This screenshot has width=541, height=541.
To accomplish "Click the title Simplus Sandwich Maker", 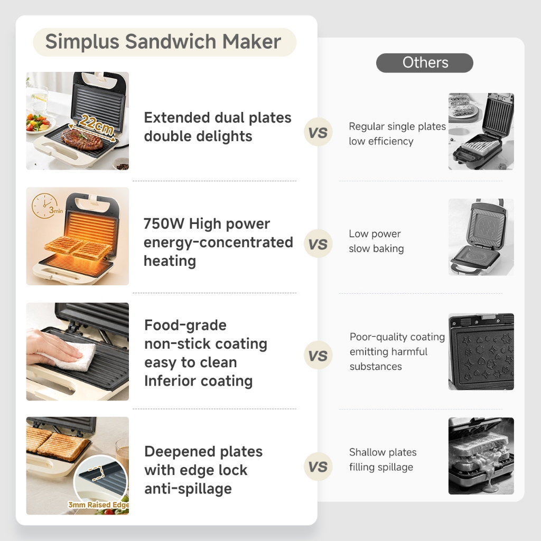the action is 163,42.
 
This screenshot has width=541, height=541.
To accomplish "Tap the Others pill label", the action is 425,63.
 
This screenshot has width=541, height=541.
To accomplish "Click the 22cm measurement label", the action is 96,125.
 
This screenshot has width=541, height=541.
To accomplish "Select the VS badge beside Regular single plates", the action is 318,132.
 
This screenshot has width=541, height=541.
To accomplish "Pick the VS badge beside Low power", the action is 318,244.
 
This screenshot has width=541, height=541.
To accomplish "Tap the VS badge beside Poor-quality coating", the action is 318,356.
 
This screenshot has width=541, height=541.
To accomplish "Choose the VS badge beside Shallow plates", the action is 318,467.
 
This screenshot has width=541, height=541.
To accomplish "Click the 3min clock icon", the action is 45,206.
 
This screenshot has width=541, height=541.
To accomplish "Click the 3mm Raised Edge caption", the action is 98,505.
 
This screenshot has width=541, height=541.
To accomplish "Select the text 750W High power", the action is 207,223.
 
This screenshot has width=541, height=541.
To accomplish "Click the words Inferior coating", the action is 199,381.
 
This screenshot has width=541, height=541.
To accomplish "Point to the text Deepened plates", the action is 203,452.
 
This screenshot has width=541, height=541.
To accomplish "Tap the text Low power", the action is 375,234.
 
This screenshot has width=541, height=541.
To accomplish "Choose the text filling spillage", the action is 381,467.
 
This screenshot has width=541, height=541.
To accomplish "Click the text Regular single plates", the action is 397,127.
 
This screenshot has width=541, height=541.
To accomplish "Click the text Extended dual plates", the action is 218,118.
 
